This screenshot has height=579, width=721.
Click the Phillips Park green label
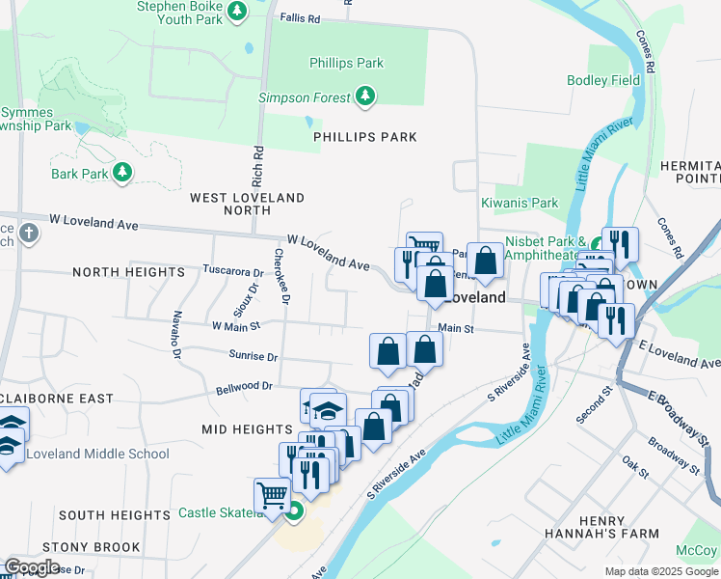(x=346, y=64)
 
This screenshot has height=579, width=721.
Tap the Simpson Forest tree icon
(x=365, y=96)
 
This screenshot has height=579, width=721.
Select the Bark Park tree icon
(x=121, y=172)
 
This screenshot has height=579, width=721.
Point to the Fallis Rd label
(x=299, y=18)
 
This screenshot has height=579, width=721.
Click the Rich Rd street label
(x=257, y=166)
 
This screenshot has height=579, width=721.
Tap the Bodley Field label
(x=603, y=81)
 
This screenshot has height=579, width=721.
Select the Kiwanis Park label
(x=520, y=204)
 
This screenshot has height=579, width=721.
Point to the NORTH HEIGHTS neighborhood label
(x=128, y=273)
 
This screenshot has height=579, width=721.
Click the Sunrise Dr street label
(x=254, y=356)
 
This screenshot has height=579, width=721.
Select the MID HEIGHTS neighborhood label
(x=247, y=427)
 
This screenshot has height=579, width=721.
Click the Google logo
(x=32, y=567)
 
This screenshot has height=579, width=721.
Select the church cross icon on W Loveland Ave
(x=29, y=234)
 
